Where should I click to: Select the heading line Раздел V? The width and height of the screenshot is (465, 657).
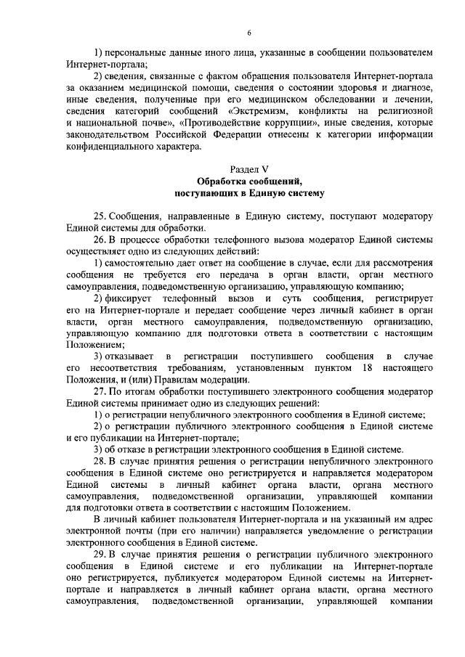(248, 169)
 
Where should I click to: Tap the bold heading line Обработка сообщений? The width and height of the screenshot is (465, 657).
(248, 181)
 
